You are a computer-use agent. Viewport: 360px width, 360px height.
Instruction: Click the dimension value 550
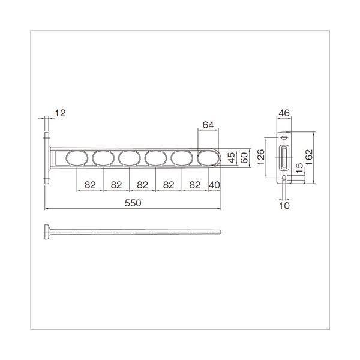(x=133, y=203)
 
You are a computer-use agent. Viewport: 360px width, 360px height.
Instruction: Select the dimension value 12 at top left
(x=60, y=113)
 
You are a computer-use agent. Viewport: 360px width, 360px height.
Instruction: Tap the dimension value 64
(x=208, y=125)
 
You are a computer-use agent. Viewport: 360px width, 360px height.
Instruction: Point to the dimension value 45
(x=232, y=157)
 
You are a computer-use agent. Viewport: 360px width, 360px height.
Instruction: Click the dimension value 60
(x=245, y=158)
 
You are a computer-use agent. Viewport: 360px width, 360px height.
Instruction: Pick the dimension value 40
(x=214, y=185)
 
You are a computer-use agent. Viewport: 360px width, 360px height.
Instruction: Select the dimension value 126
(x=261, y=157)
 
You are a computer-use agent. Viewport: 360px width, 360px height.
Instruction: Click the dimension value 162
(x=309, y=157)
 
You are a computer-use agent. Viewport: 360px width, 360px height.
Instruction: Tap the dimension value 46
(x=284, y=113)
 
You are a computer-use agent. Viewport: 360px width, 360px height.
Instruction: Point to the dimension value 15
(x=299, y=168)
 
